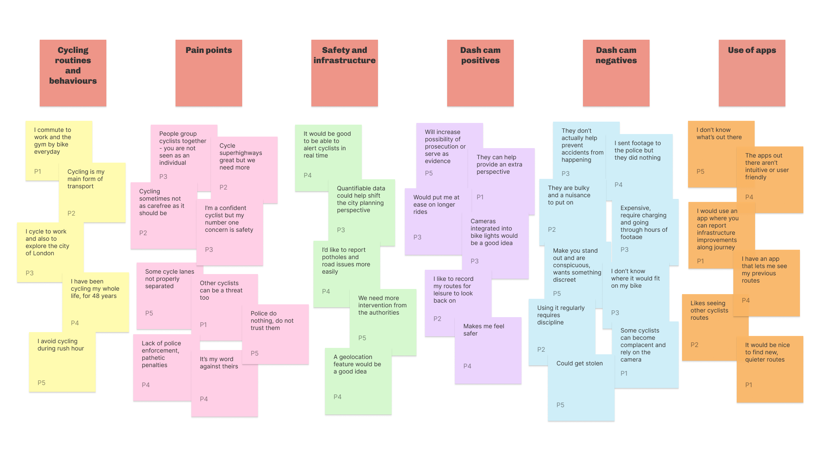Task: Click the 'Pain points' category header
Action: click(x=209, y=73)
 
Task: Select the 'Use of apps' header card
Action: click(x=752, y=73)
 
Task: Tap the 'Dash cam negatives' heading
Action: click(x=616, y=73)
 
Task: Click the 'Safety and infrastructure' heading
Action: click(x=344, y=73)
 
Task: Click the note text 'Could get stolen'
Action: click(x=580, y=364)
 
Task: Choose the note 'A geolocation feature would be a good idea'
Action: click(x=358, y=376)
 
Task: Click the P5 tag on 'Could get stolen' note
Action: click(x=560, y=405)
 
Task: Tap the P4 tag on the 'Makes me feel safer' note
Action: click(x=467, y=366)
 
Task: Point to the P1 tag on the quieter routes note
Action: click(x=749, y=385)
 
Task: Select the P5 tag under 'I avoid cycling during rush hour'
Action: click(x=41, y=383)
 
